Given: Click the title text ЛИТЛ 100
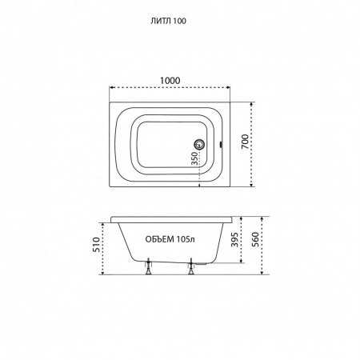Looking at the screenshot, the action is [168, 21].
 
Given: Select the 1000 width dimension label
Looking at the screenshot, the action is [170, 80].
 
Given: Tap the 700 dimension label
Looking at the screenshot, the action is [245, 142].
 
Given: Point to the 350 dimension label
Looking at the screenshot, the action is [195, 158].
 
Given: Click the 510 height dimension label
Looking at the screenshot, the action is [97, 244].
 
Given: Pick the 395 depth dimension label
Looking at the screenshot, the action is [234, 239].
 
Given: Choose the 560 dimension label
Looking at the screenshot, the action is [255, 239].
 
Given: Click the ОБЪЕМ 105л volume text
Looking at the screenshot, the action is [170, 239].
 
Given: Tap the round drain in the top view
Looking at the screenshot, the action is [199, 145].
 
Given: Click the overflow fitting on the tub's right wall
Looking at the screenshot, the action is [221, 145].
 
